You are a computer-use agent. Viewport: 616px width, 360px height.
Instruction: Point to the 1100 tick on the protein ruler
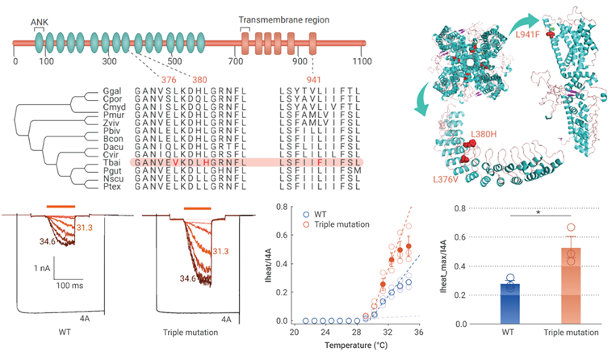[x=362, y=61]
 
